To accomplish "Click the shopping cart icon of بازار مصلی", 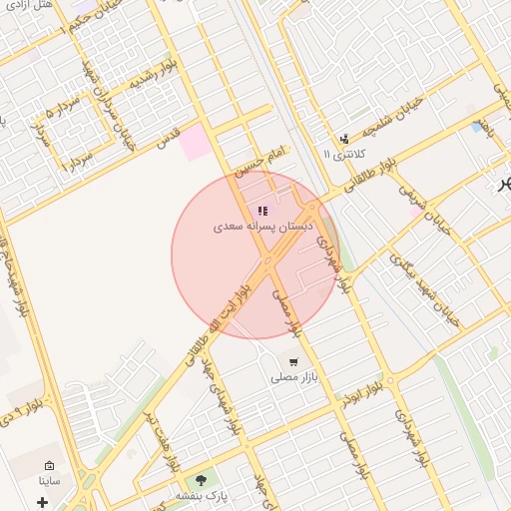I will pos(293,362).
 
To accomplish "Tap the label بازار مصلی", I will pos(293,379).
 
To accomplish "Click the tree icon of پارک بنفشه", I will pos(203,480).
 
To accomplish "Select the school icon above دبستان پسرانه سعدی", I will pos(262,211).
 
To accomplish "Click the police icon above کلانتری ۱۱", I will pos(344,139).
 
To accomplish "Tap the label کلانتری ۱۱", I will pos(345,155).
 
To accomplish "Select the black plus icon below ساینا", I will pos(42,501).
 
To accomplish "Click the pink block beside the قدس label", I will pos(196,143).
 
